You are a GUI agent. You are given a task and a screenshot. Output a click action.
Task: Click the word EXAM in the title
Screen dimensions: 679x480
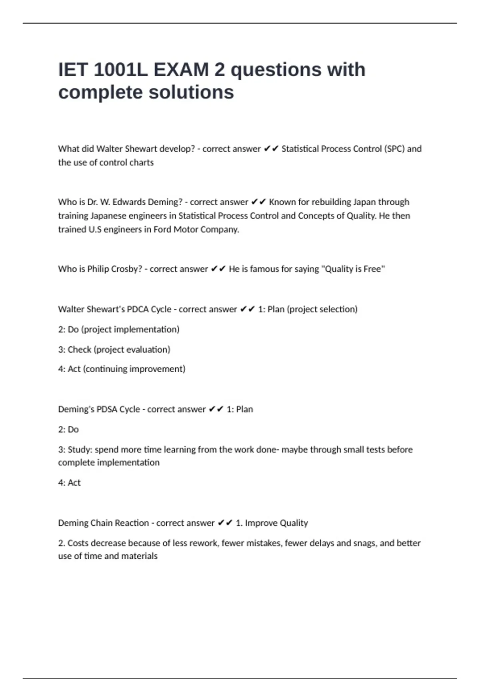click(x=181, y=70)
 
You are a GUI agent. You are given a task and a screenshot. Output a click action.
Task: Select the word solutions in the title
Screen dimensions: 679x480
click(x=191, y=92)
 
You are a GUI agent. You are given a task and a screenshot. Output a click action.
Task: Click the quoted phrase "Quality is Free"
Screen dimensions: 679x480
click(x=352, y=269)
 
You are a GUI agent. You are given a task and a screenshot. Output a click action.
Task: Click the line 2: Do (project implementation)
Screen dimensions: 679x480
click(x=119, y=330)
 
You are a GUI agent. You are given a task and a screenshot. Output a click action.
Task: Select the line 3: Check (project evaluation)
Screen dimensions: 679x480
click(x=114, y=349)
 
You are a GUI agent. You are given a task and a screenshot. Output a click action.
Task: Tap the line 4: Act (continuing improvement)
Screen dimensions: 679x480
click(x=122, y=369)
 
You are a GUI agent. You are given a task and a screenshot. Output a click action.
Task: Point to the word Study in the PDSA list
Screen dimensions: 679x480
click(x=80, y=450)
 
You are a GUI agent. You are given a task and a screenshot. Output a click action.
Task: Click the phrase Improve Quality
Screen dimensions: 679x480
click(x=276, y=523)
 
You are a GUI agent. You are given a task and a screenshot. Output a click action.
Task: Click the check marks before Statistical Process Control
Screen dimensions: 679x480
click(x=271, y=149)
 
